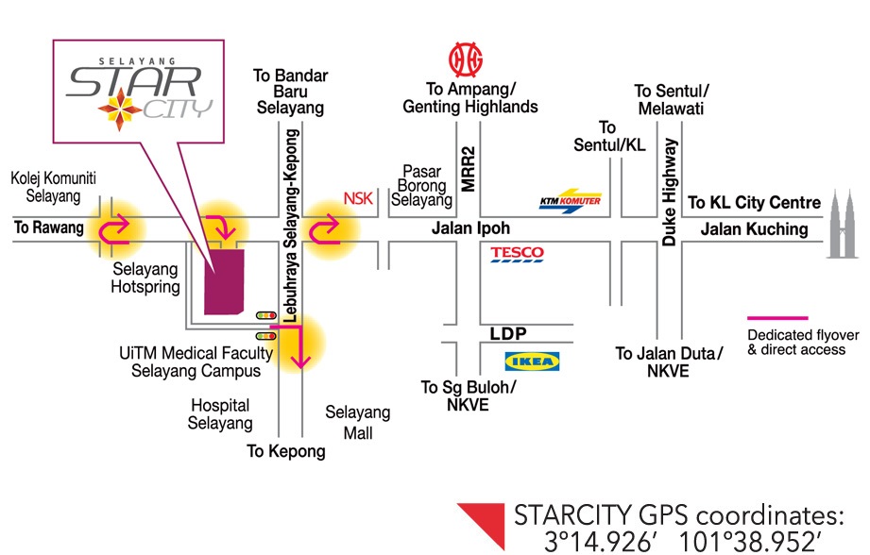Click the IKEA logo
pos(533,361)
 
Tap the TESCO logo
pos(517,253)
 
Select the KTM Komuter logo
pos(570,201)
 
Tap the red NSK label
pos(358,199)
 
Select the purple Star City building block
pos(224,280)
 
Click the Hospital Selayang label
pos(221,414)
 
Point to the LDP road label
pos(507,334)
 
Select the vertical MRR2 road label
pos(468,167)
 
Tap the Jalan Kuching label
pos(754,229)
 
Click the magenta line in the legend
pos(777,318)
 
